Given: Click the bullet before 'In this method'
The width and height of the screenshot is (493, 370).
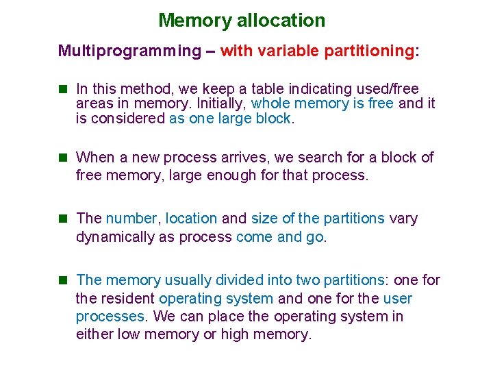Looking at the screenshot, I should pyautogui.click(x=64, y=89).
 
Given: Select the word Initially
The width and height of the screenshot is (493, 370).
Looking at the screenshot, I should pyautogui.click(x=223, y=103).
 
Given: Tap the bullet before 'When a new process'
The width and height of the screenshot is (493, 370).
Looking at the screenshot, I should pyautogui.click(x=64, y=158).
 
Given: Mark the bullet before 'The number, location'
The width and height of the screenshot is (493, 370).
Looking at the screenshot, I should pyautogui.click(x=64, y=219).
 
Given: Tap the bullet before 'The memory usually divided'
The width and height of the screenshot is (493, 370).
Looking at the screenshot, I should pyautogui.click(x=64, y=280).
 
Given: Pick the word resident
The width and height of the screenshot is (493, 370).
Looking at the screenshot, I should pyautogui.click(x=128, y=299).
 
